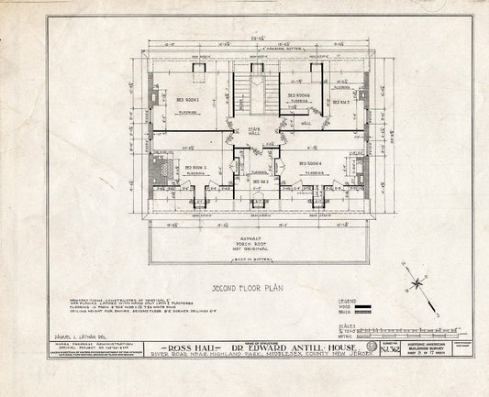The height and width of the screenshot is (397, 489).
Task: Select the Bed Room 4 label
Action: click(x=312, y=165)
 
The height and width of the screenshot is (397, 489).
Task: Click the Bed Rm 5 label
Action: click(x=341, y=101)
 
